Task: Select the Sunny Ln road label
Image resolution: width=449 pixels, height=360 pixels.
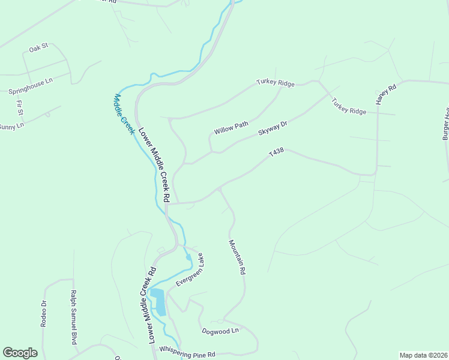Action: coord(12,127)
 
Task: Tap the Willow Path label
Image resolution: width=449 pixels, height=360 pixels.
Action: coord(231,128)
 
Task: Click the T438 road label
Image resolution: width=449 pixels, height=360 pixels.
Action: coord(276,154)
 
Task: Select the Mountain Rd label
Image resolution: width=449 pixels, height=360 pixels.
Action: coord(237,257)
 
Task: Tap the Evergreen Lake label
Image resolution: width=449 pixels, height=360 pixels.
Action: coord(190,270)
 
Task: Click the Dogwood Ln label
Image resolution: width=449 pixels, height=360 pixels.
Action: coord(220,331)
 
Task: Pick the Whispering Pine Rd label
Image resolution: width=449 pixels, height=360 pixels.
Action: coord(187,355)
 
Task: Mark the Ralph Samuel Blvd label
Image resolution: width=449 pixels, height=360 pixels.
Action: coord(74,317)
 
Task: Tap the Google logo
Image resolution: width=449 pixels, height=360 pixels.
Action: coord(20,353)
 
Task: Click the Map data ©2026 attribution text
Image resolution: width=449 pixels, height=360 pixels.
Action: coord(423,355)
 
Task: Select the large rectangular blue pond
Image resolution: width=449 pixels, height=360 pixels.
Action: coord(158,302)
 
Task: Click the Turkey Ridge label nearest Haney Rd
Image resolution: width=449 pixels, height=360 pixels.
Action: coord(349,107)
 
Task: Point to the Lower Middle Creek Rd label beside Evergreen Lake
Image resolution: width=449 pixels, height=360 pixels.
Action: coord(148,305)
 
